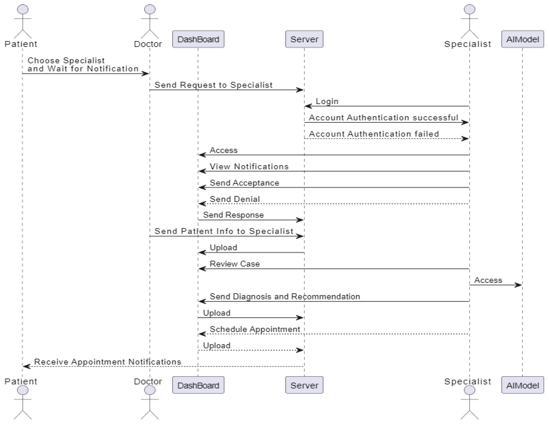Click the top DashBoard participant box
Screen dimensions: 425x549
click(x=198, y=39)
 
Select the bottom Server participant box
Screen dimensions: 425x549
click(x=304, y=385)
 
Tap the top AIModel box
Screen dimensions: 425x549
click(x=522, y=39)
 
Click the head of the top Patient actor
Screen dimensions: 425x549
click(x=23, y=9)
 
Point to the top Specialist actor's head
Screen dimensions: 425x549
click(x=469, y=9)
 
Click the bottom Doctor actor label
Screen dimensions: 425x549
click(x=148, y=381)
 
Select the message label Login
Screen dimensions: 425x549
click(x=327, y=101)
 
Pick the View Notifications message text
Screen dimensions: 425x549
click(x=249, y=166)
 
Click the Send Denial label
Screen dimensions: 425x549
click(x=234, y=199)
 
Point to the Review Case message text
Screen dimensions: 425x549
click(x=234, y=264)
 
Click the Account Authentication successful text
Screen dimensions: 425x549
click(x=383, y=117)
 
